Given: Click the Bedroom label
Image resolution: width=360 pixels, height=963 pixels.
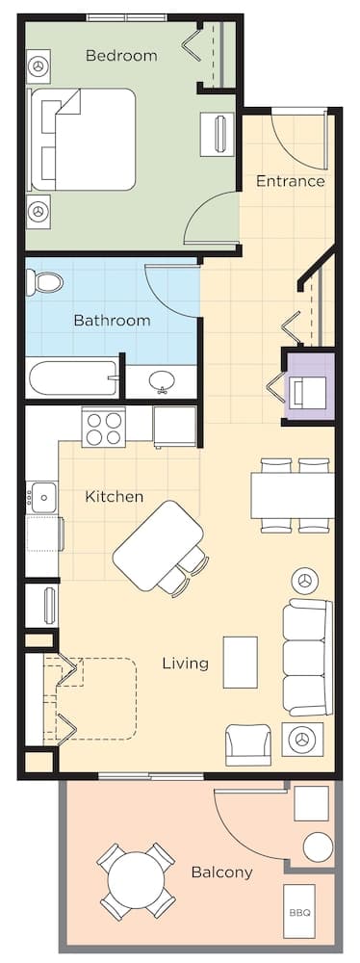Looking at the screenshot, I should [x=121, y=56].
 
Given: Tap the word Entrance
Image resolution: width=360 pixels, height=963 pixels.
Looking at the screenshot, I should [x=290, y=181].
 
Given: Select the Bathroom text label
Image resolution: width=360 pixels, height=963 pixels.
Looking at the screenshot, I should [x=112, y=321].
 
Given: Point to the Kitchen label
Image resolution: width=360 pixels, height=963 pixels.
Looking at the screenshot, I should [x=115, y=497].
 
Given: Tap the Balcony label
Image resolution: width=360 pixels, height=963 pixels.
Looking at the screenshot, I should [x=221, y=872].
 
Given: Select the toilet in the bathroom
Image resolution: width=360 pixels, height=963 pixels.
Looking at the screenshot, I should [x=44, y=282].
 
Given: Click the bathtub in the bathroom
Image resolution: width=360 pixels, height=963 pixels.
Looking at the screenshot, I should [x=73, y=377].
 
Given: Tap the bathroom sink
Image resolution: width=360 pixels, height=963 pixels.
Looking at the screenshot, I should [x=161, y=382].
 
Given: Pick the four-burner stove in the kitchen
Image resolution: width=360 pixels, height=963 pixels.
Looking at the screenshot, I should [x=103, y=427].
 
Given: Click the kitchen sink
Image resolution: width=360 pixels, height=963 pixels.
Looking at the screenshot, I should [x=43, y=497].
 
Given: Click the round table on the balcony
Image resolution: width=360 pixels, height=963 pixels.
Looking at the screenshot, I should [x=137, y=881].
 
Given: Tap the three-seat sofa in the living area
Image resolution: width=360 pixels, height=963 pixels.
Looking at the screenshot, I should [x=306, y=658].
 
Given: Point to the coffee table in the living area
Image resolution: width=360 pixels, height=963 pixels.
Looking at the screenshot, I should [x=240, y=662].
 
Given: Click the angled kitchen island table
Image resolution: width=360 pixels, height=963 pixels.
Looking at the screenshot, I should [x=158, y=545].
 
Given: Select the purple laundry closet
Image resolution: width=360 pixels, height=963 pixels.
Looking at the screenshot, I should [x=310, y=387].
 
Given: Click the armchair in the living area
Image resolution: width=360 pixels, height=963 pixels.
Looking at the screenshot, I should [x=248, y=742].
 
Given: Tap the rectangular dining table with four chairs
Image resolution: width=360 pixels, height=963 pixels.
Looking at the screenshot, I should [x=293, y=495].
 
